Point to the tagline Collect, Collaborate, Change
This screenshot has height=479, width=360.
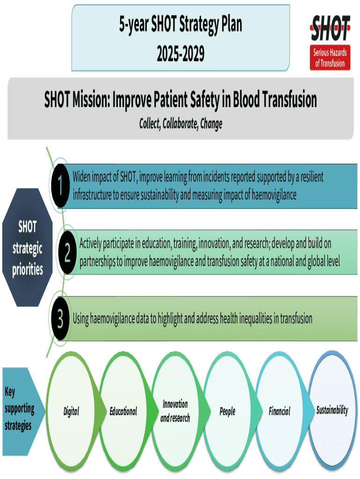(x=180, y=123)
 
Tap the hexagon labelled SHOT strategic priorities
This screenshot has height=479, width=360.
(x=28, y=248)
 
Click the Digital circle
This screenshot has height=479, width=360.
(x=71, y=412)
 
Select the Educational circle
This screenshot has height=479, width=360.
(x=123, y=412)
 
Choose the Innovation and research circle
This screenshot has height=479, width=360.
(x=175, y=411)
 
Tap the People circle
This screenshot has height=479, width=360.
(x=227, y=412)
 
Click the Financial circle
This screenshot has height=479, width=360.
(x=279, y=412)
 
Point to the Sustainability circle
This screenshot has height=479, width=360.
(x=332, y=410)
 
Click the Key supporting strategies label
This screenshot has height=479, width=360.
(x=20, y=408)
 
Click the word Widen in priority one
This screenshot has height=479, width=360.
(x=82, y=177)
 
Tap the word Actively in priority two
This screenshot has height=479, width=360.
(x=93, y=244)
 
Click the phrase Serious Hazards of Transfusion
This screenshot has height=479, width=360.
(x=330, y=58)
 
